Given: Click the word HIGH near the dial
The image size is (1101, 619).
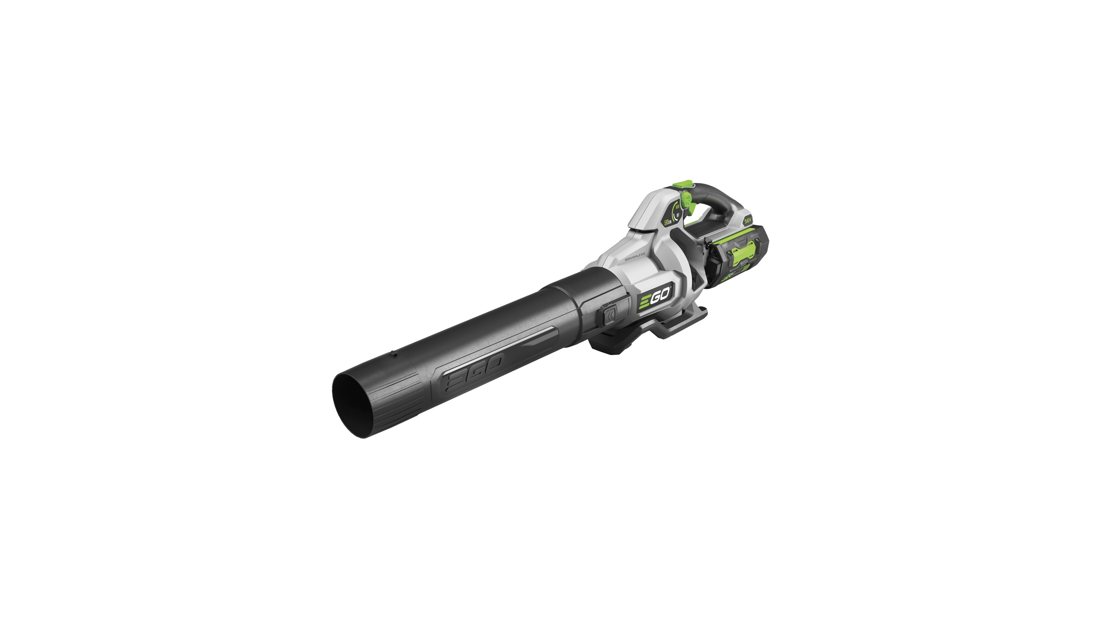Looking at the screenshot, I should [x=678, y=207].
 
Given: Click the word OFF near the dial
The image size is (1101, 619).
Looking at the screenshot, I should [x=678, y=215].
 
